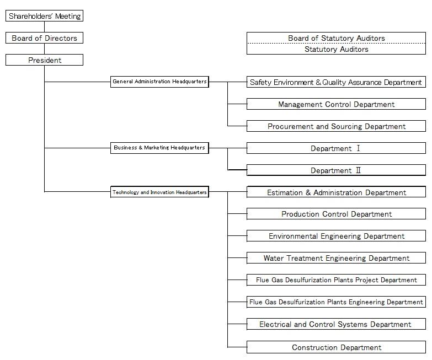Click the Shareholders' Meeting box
[44, 16]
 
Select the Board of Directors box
[44, 38]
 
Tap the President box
[44, 60]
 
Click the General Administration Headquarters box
[159, 82]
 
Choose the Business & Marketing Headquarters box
[159, 148]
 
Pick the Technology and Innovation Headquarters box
[159, 192]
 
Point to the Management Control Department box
[336, 104]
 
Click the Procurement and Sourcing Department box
[336, 126]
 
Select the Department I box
[336, 148]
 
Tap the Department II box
[336, 170]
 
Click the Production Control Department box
[336, 214]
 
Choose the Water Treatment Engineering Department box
[336, 258]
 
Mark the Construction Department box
[336, 347]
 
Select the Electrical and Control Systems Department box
[336, 324]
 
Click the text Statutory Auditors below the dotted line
[337, 49]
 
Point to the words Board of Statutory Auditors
[337, 38]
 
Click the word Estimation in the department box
[285, 192]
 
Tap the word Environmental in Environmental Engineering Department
[293, 236]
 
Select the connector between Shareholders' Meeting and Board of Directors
[44, 27]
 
